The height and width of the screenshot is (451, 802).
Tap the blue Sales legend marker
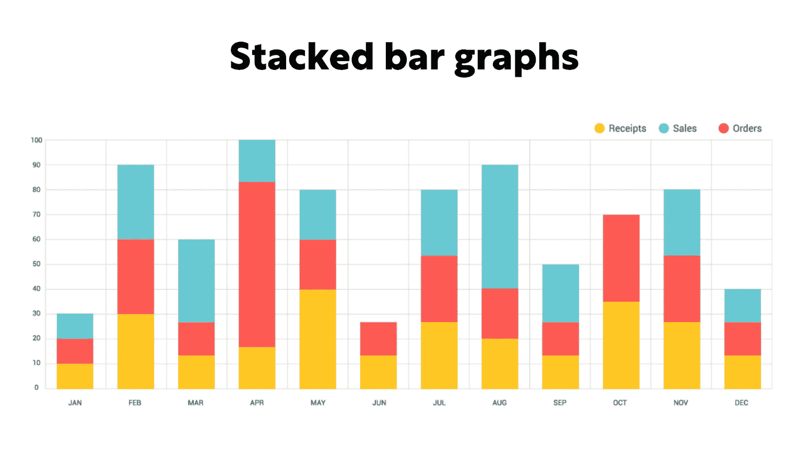(x=664, y=128)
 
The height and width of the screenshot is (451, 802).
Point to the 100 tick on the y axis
(x=37, y=140)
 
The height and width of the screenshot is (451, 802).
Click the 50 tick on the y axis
(x=37, y=264)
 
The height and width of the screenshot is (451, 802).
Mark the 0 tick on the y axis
(x=37, y=387)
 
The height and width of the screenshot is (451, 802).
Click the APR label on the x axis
(x=257, y=403)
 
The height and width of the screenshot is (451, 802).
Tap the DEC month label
(x=741, y=403)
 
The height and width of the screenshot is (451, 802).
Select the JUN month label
(x=379, y=403)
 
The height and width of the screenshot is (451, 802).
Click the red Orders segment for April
(x=257, y=264)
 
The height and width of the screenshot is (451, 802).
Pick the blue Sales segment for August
(x=500, y=227)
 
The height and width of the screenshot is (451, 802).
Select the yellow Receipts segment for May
(x=317, y=339)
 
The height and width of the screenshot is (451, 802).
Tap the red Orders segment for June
(x=379, y=339)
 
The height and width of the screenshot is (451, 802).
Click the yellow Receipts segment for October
(x=621, y=345)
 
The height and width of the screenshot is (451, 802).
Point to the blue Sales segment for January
(x=75, y=326)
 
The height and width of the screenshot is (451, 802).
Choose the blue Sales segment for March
(x=196, y=281)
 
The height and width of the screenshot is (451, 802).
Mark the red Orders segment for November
(x=681, y=289)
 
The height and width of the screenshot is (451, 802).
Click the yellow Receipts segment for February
(x=136, y=351)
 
